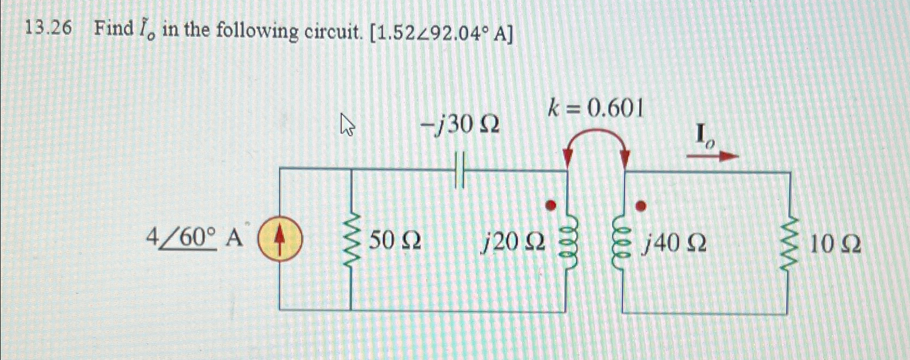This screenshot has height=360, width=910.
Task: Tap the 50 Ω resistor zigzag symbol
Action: click(352, 241)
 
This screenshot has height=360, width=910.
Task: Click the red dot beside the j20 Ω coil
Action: click(551, 206)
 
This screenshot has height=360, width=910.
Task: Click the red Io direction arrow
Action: click(712, 156)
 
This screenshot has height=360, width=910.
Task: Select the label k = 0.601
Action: click(595, 110)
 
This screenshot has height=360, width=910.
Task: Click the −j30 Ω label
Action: click(460, 126)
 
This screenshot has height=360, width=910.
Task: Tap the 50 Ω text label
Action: click(395, 241)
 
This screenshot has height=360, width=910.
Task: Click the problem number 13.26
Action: click(49, 29)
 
